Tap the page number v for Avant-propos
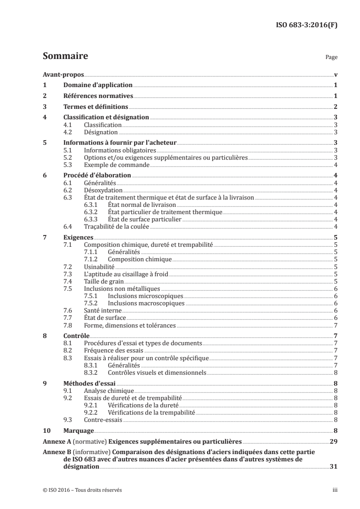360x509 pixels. [335, 74]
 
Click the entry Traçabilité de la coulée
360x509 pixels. [117, 226]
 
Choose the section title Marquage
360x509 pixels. [78, 430]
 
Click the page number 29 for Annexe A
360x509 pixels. [333, 441]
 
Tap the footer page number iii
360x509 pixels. [335, 490]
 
